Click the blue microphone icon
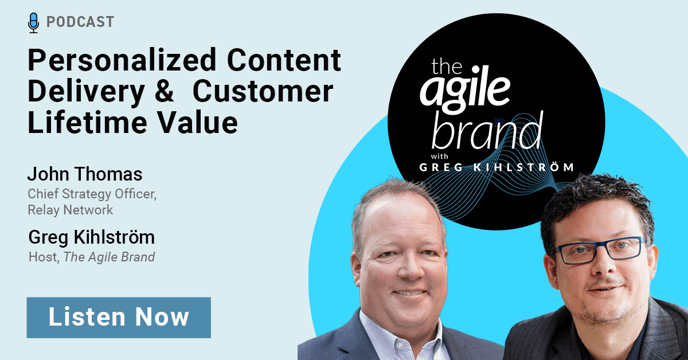coord(33,23)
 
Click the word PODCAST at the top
coord(80,22)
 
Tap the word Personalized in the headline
coord(122,61)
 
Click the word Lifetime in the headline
coord(88,123)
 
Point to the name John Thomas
coord(85,174)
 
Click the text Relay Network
coord(71,210)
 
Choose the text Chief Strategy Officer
coord(92,194)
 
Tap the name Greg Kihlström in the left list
coord(92,238)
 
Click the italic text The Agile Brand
coord(109,257)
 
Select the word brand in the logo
coord(487,131)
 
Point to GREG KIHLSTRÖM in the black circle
coord(497,167)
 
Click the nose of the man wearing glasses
coord(603,264)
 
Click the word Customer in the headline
coord(263,91)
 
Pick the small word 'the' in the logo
coord(447,66)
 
